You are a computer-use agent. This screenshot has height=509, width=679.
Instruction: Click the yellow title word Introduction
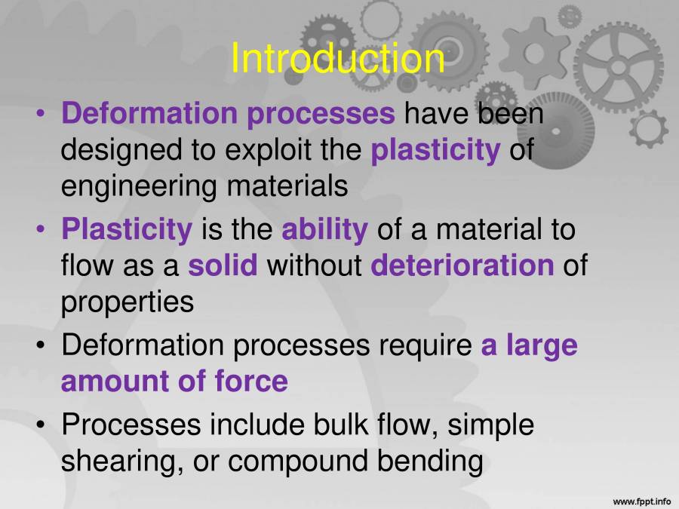337,58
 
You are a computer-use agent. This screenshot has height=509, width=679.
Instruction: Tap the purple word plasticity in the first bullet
435,150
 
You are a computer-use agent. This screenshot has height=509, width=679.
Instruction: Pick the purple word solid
223,265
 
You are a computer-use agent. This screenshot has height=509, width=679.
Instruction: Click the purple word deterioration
462,265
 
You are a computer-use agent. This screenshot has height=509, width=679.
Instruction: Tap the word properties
128,302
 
